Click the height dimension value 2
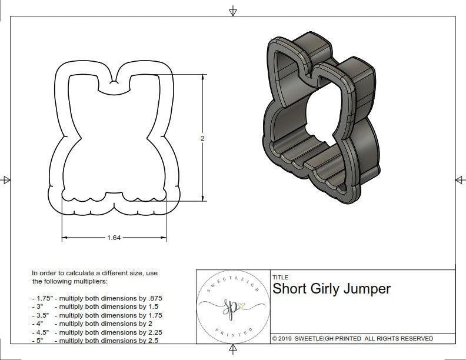pos(202,138)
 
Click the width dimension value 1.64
pos(114,238)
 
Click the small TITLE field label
pos(279,278)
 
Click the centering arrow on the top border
pos(233,11)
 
